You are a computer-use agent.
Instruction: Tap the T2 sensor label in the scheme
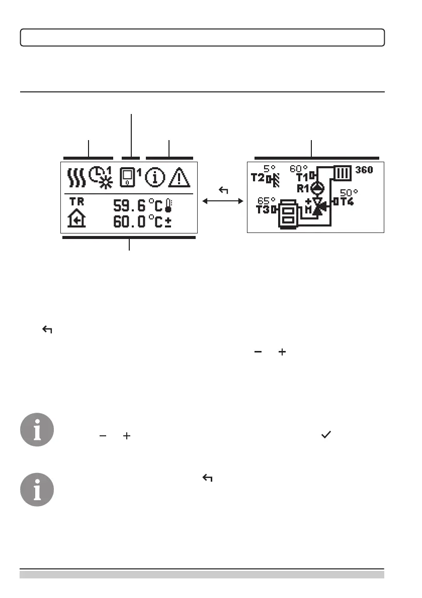click(258, 178)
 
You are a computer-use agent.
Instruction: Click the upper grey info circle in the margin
click(37, 430)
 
